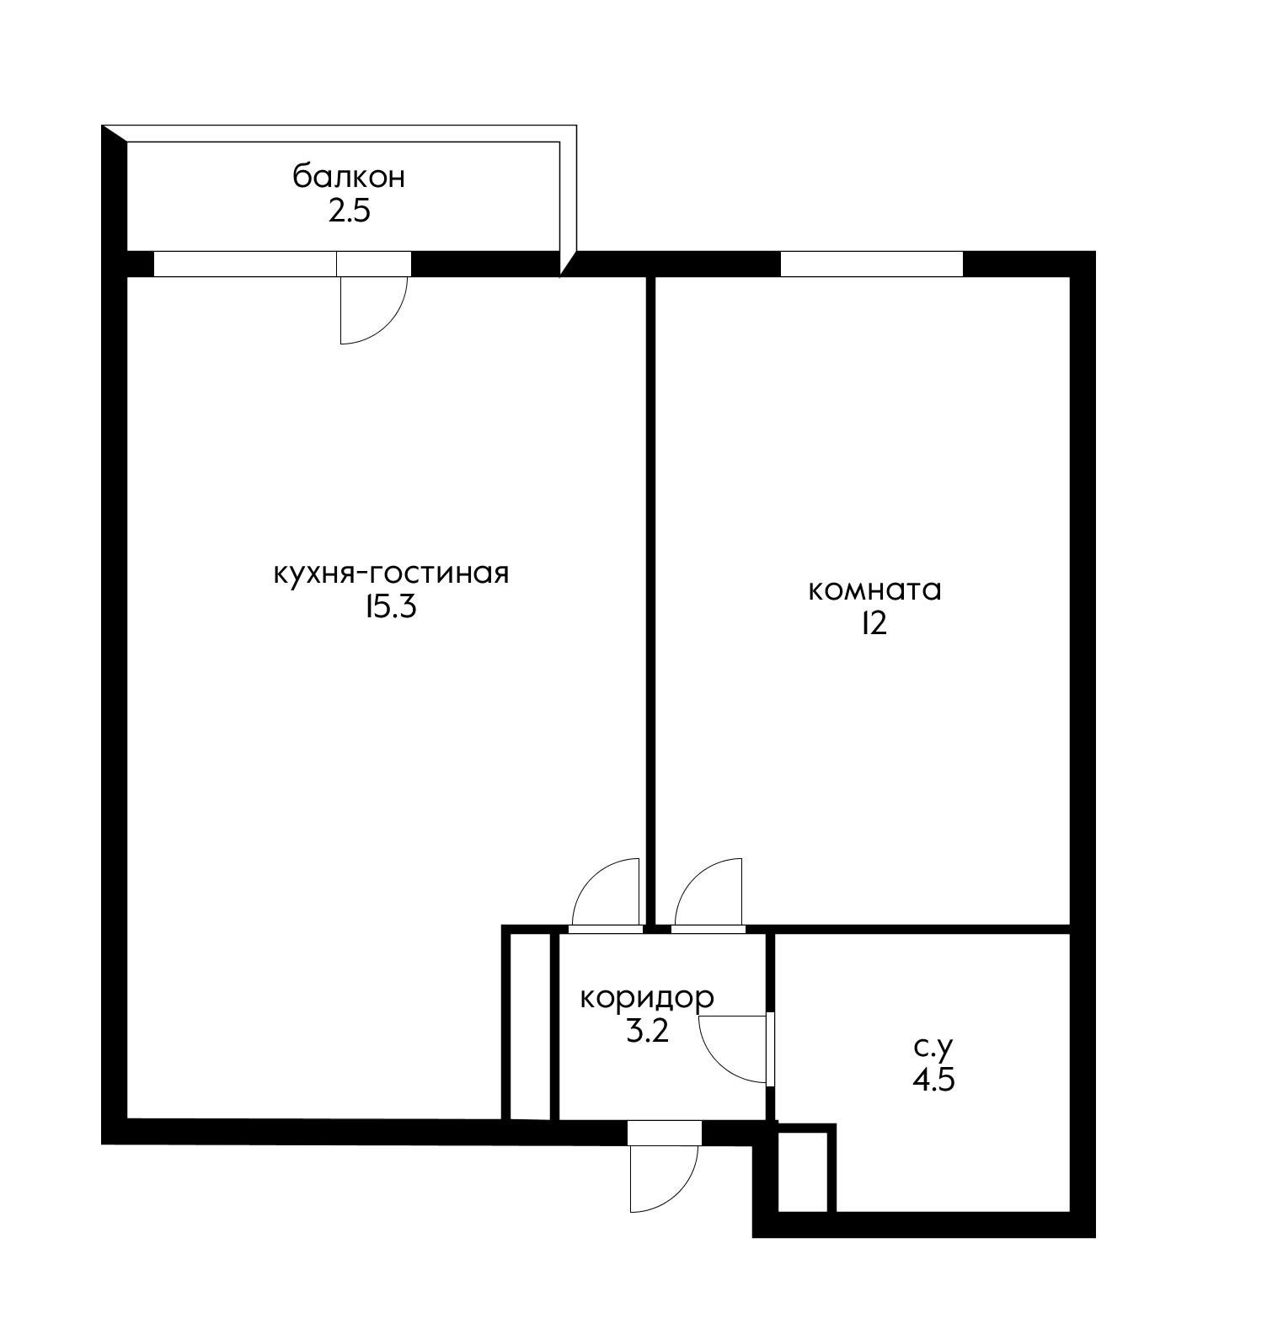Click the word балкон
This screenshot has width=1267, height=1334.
[x=349, y=178]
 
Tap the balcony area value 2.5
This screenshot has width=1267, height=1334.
[x=349, y=211]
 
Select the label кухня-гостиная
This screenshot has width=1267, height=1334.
[x=392, y=574]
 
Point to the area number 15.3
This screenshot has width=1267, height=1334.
[x=391, y=606]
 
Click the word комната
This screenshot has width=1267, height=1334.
[x=874, y=590]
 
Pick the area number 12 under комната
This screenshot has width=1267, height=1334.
[x=874, y=624]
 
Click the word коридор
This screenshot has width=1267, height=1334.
[x=646, y=999]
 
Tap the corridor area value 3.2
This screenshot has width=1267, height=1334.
[x=647, y=1031]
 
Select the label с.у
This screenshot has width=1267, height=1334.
[x=933, y=1048]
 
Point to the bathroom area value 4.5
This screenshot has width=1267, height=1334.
[x=933, y=1080]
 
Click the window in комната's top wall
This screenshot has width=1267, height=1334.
[x=871, y=264]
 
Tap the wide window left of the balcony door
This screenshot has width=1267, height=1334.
[x=245, y=264]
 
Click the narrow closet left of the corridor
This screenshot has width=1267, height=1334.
[x=531, y=1026]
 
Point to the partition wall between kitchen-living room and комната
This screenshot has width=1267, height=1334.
[x=650, y=600]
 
